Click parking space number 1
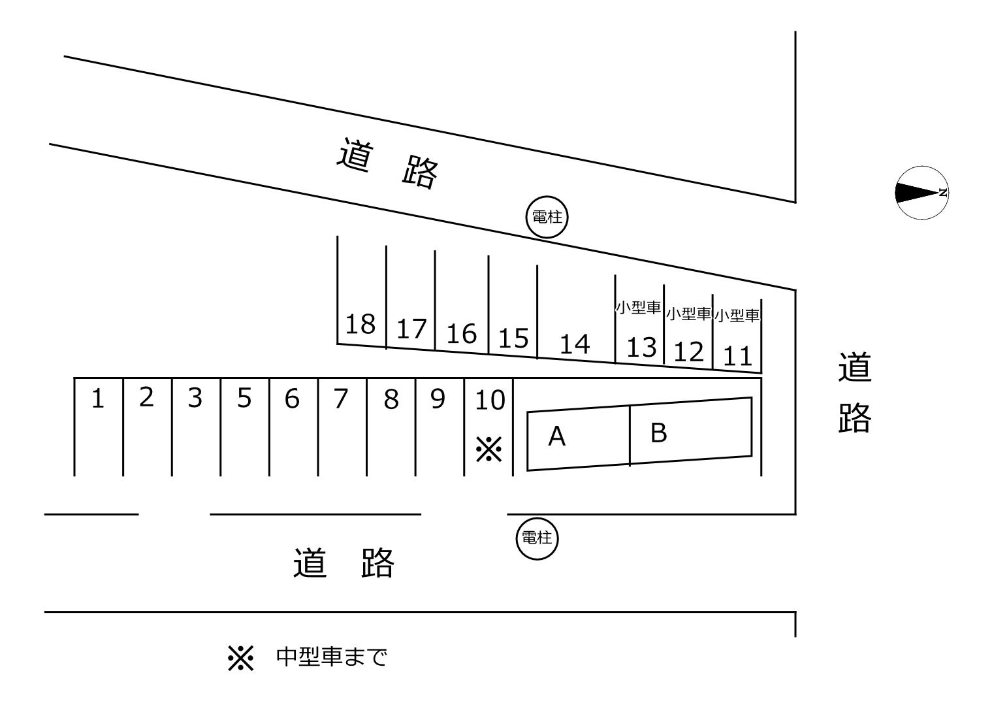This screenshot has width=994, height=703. pos(98,399)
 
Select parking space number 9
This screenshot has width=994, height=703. pos(438,398)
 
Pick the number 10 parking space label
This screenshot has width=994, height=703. pos(489,400)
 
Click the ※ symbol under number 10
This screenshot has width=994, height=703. pos(489,450)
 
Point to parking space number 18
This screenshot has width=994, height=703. pos(361,323)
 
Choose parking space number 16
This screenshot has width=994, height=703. pos(461,334)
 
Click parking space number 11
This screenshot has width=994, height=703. pos(738,357)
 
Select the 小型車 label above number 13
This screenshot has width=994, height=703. pos(638,308)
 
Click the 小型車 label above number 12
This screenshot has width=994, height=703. pos(688,314)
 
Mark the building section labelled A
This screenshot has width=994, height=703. pos(557,436)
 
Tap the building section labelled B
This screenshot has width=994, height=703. pos(659,433)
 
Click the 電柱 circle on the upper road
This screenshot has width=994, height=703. pos(547,218)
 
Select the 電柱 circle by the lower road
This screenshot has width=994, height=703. pos(537,538)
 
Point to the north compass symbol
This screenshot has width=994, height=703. pos(921,193)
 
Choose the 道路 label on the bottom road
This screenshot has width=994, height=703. pos(344,563)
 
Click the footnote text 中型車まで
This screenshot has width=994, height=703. pos(332,657)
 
